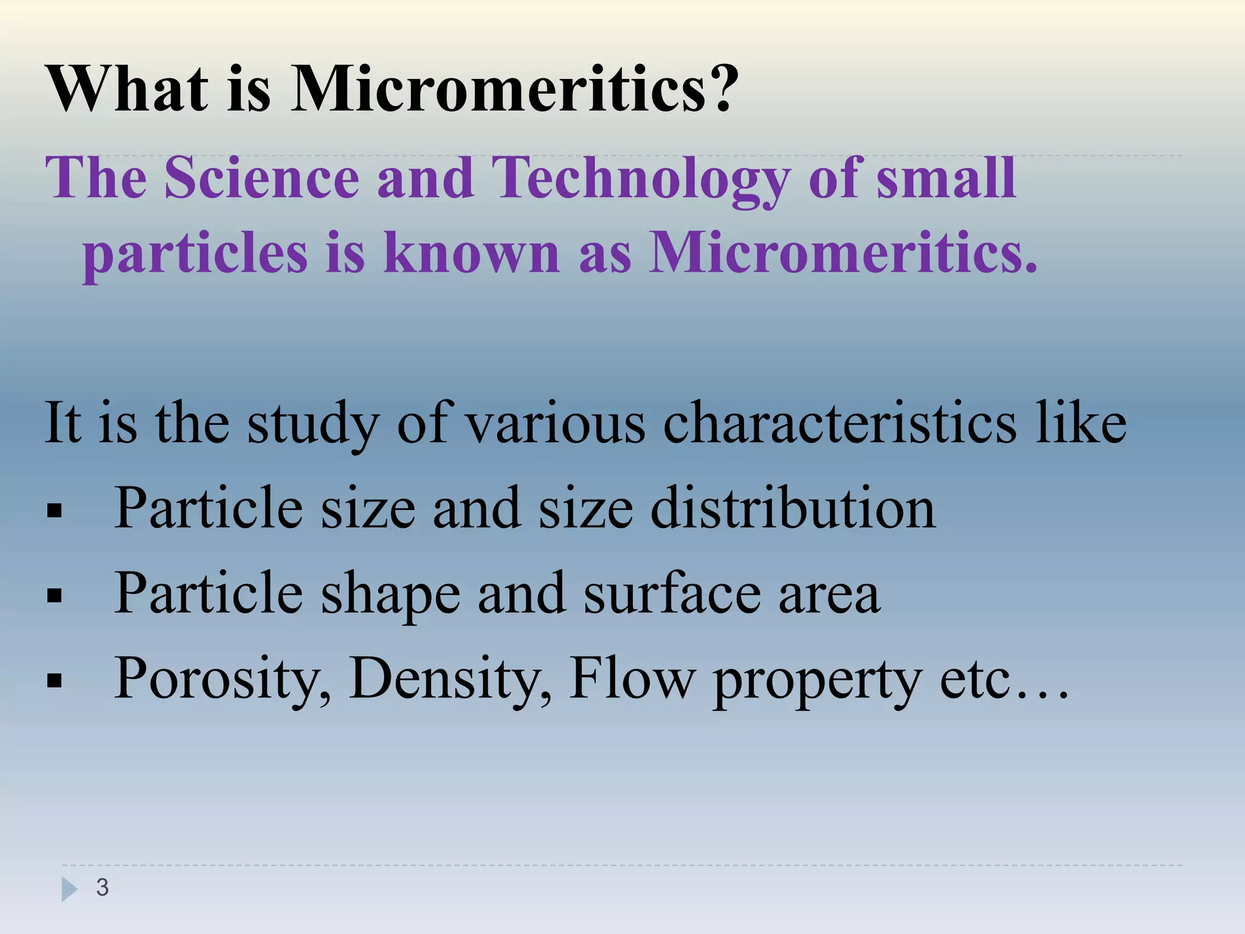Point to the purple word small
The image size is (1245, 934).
coord(945,178)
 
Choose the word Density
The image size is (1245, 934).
coord(450,680)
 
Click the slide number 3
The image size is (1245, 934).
coord(102,888)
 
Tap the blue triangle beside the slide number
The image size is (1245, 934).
coord(69,889)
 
